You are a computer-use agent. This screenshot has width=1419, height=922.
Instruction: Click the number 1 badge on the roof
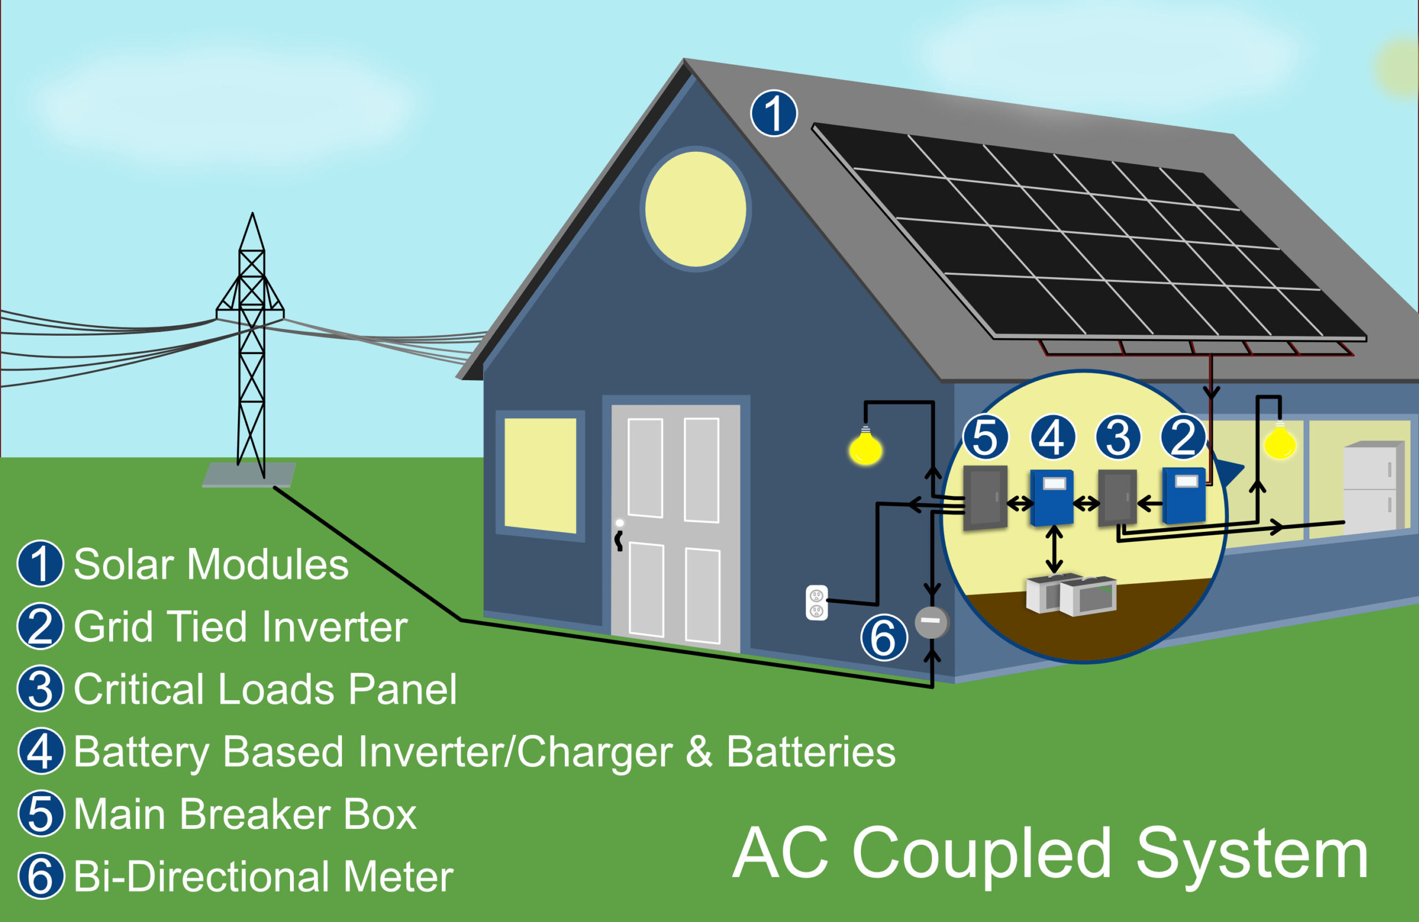point(773,113)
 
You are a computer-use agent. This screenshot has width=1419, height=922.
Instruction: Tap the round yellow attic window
point(695,209)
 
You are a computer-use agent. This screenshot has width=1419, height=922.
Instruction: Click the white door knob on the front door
point(620,523)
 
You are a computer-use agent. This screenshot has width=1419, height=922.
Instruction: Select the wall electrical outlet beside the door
point(816,602)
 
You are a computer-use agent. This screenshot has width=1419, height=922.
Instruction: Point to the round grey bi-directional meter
point(931,622)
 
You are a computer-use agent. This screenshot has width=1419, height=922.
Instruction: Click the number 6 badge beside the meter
point(884,637)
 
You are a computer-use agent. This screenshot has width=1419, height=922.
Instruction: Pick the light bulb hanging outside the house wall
point(866,447)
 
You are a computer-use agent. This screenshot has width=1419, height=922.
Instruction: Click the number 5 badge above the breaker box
point(985,437)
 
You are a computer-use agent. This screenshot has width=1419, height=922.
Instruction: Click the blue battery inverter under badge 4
point(1052,498)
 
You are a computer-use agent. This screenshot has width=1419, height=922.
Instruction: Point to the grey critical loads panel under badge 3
point(1117,498)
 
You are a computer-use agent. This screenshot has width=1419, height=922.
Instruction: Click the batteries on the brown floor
point(1071,594)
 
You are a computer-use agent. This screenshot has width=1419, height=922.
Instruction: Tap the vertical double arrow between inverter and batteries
point(1054,549)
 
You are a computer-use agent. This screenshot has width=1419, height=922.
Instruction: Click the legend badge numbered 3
point(40,689)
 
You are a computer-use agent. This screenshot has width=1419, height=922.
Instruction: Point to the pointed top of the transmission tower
point(252,213)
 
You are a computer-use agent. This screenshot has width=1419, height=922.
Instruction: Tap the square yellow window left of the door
point(540,475)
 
